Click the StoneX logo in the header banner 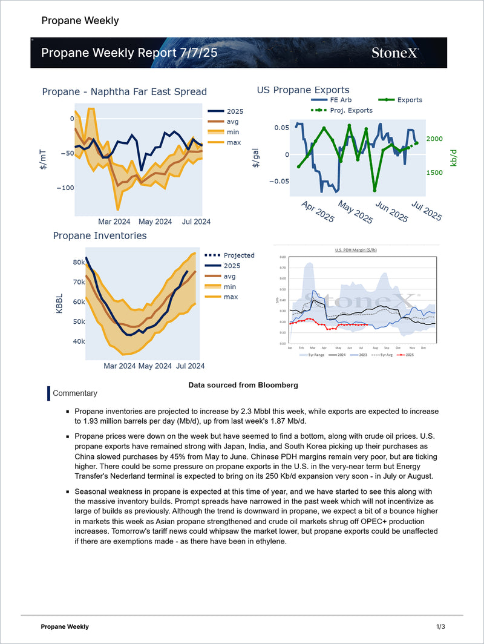pyautogui.click(x=394, y=53)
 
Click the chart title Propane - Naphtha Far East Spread pyautogui.click(x=124, y=92)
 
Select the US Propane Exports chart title pyautogui.click(x=303, y=90)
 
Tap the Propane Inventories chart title pyautogui.click(x=100, y=235)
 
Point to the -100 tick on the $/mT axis pyautogui.click(x=65, y=188)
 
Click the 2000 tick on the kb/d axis pyautogui.click(x=434, y=139)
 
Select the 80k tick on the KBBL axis pyautogui.click(x=79, y=263)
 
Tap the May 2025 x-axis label pyautogui.click(x=355, y=212)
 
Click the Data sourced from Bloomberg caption pyautogui.click(x=243, y=385)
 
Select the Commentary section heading pyautogui.click(x=75, y=393)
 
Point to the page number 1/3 pyautogui.click(x=440, y=626)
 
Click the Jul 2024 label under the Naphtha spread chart pyautogui.click(x=196, y=222)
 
